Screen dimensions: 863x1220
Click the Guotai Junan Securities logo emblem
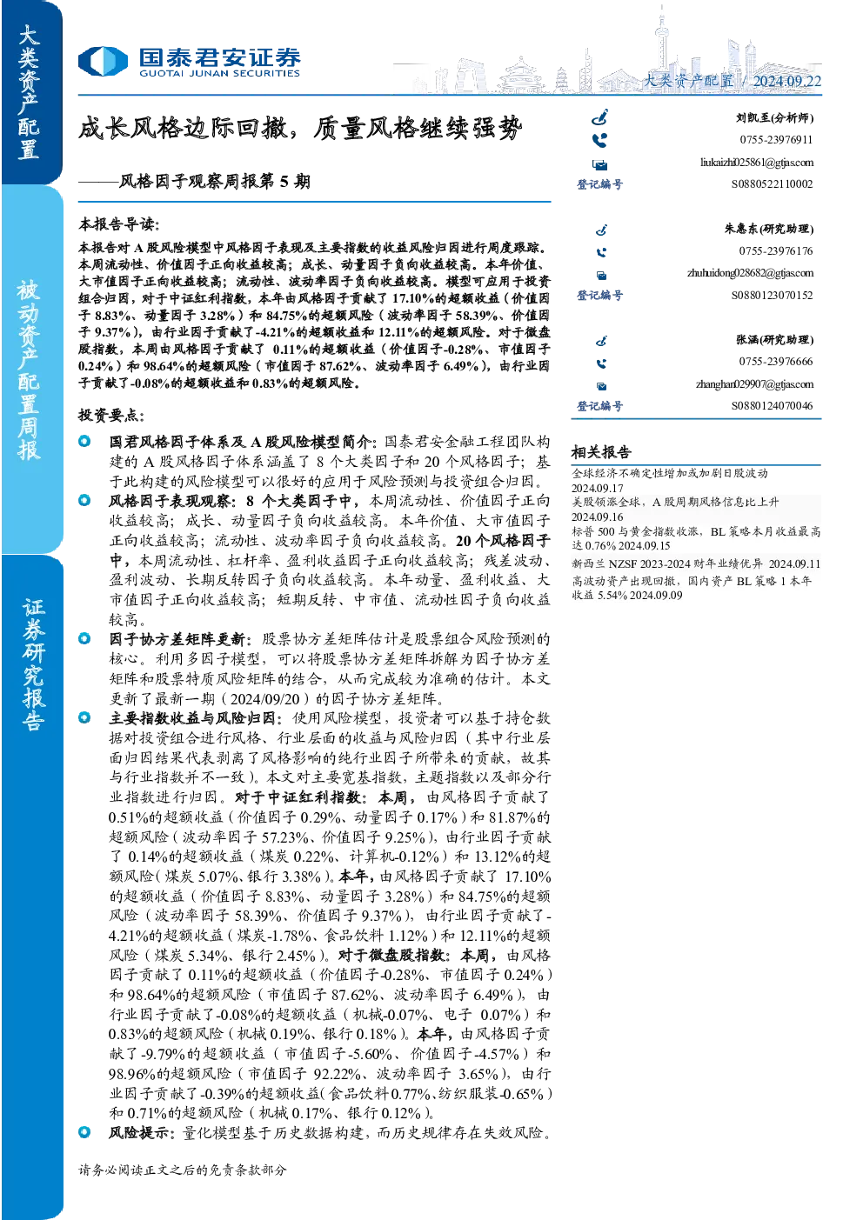click(x=103, y=61)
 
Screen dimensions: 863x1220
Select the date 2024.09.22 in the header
click(x=786, y=81)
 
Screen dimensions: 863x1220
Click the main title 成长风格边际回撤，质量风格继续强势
click(x=300, y=129)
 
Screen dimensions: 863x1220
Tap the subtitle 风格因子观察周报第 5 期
click(x=215, y=181)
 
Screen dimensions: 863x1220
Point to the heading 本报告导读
click(x=119, y=223)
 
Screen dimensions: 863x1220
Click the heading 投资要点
click(x=111, y=416)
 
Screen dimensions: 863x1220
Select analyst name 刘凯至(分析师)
click(x=774, y=117)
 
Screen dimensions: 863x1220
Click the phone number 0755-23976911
click(x=776, y=140)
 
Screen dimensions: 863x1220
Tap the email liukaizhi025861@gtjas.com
click(x=757, y=163)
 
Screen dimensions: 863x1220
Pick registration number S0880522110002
click(x=772, y=184)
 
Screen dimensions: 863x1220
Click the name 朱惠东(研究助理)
click(x=769, y=229)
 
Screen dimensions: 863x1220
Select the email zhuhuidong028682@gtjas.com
click(x=750, y=273)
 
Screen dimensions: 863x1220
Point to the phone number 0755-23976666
click(x=776, y=362)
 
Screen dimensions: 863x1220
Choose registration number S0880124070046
click(x=772, y=406)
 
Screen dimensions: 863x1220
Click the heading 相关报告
click(x=601, y=452)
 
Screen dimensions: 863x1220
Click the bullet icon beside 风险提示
click(x=84, y=1132)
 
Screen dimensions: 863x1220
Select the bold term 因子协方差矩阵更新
click(x=179, y=639)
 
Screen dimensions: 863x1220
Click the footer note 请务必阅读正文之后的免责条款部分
click(x=182, y=1170)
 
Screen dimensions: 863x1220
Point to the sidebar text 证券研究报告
click(x=33, y=664)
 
